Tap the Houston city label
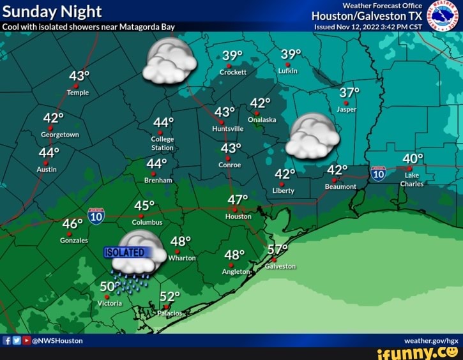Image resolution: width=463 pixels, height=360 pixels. point(238,216)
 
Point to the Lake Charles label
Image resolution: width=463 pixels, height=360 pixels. point(412,179)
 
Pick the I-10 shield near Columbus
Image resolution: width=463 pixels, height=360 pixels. point(96,216)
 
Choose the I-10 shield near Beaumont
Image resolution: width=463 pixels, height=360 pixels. point(378,172)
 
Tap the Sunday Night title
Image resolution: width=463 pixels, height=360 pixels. point(52,11)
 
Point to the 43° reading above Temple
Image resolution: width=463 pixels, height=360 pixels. point(79,77)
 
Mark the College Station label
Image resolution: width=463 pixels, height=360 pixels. point(162,144)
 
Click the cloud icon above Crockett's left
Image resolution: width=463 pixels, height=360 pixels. point(169,61)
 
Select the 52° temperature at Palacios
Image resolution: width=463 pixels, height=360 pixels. point(170,297)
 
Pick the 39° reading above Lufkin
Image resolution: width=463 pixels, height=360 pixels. point(291,55)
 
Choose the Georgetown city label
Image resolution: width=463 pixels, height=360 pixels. point(60,135)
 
